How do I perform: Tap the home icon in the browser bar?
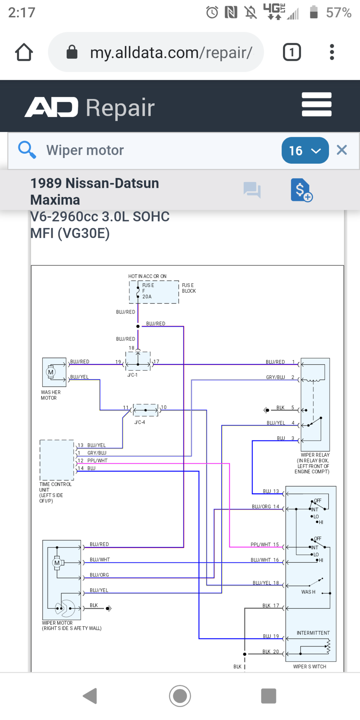pos(24,52)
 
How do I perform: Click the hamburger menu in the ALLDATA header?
pos(316,104)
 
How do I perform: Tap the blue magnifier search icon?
pos(27,150)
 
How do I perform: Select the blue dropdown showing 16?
pos(305,150)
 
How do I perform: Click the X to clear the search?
pos(342,150)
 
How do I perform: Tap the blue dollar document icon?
pos(301,190)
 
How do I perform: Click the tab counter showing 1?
pos(292,52)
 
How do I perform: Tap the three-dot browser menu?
pos(332,52)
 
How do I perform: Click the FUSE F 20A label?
pos(148,291)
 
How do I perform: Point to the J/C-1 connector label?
pos(132,375)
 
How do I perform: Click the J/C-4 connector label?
pos(140,422)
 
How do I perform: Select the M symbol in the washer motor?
pos(51,372)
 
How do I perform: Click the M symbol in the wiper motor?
pos(57,563)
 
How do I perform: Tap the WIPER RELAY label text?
pos(315,455)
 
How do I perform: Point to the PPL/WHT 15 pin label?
pos(265,545)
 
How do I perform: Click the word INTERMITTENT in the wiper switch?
pos(313,633)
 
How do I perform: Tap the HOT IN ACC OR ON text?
pos(147,276)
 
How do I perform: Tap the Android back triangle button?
pos(91,696)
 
